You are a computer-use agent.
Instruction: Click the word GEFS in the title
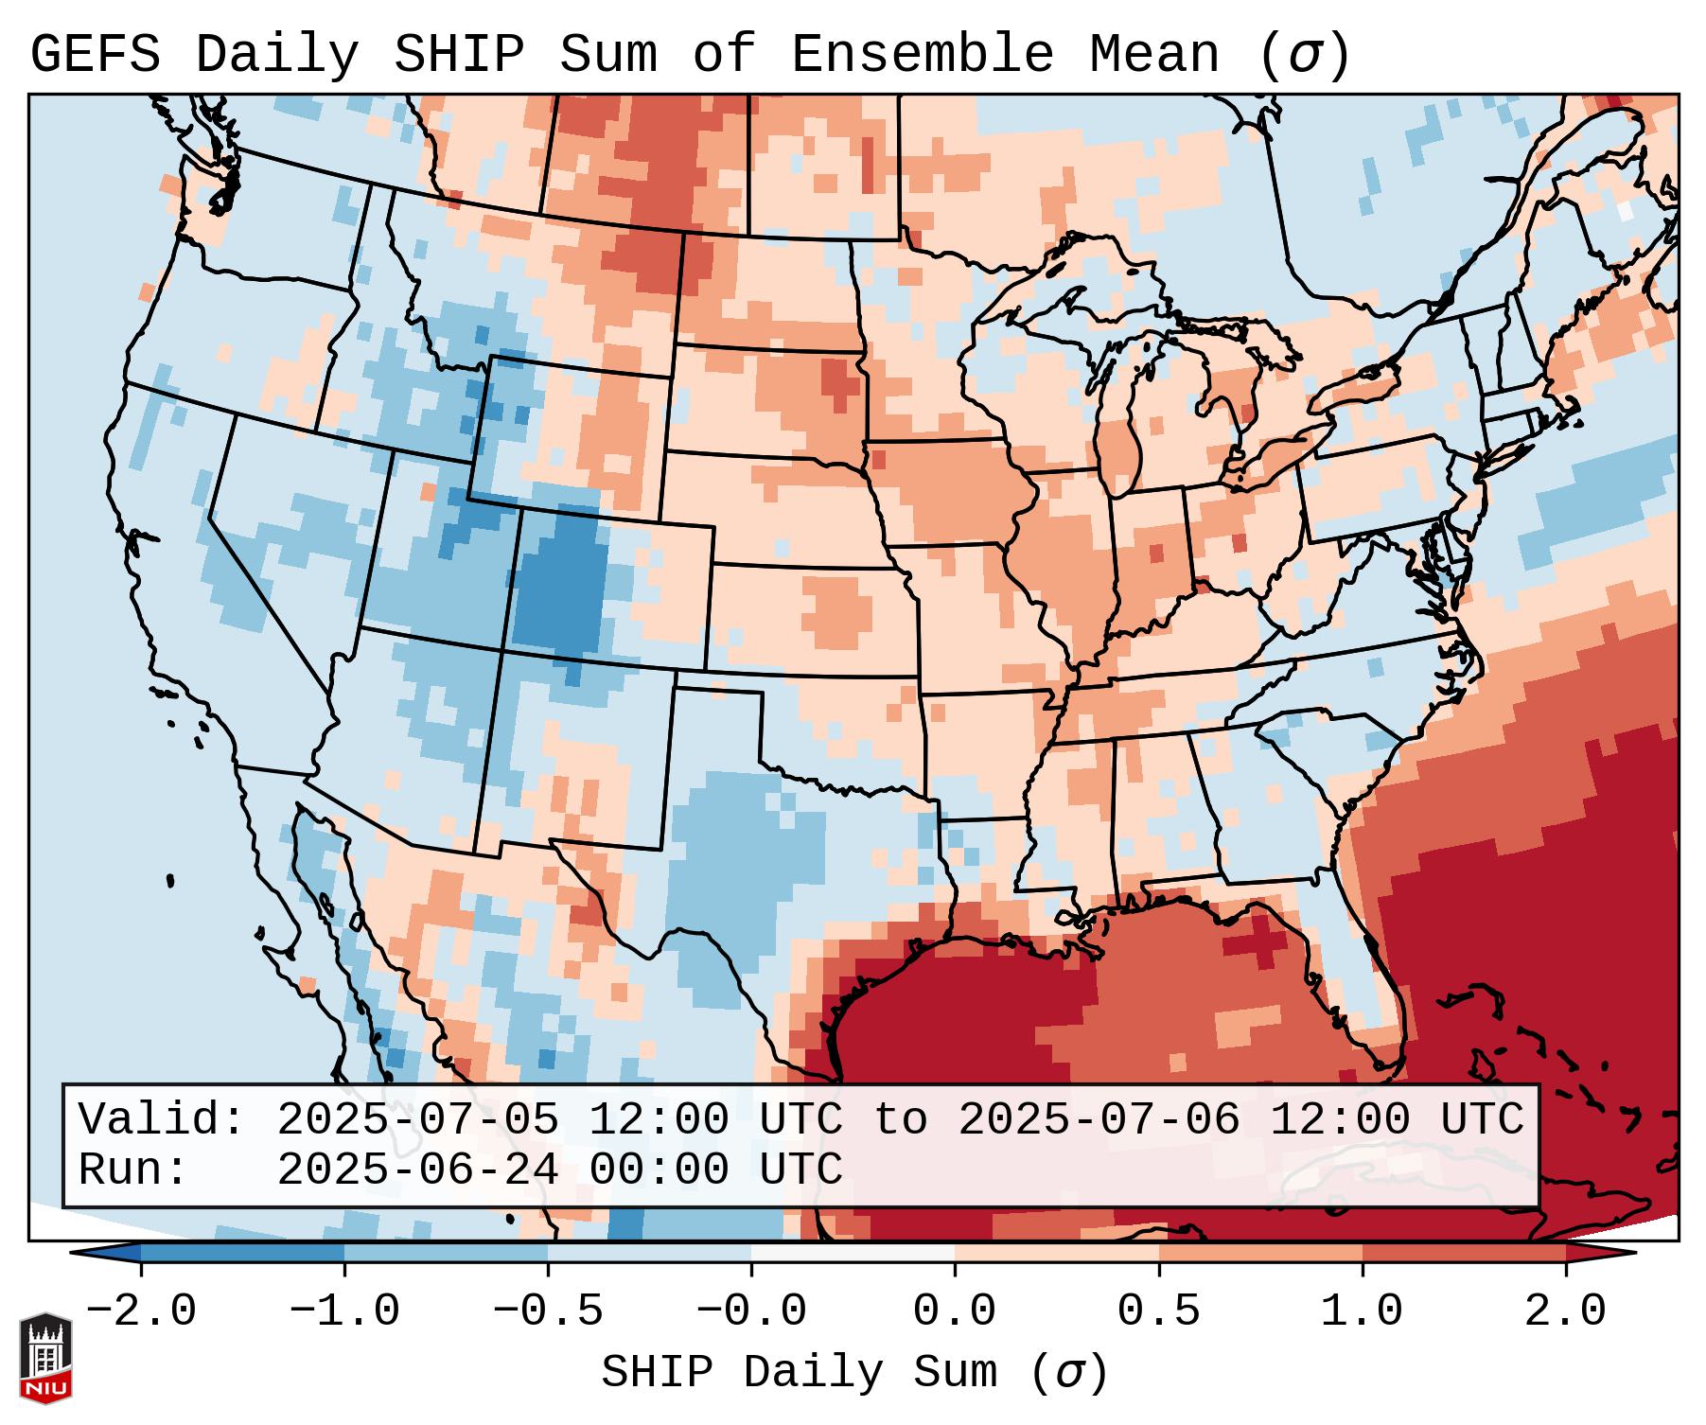tap(95, 55)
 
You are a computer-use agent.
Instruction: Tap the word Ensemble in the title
tap(922, 55)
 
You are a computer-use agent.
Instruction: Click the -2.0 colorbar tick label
tap(141, 1311)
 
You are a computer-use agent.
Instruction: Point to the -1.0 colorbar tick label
tap(344, 1311)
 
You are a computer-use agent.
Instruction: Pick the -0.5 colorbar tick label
tap(548, 1311)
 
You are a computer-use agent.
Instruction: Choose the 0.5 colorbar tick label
tap(1159, 1311)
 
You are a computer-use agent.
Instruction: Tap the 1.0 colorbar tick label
tap(1363, 1311)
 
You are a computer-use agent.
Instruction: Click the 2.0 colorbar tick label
tap(1566, 1311)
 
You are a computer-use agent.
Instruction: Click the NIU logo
tap(45, 1358)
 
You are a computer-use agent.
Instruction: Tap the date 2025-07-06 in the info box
tap(1099, 1120)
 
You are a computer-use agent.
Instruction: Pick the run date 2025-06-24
tap(417, 1170)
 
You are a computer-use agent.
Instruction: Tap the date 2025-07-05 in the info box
tap(417, 1120)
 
